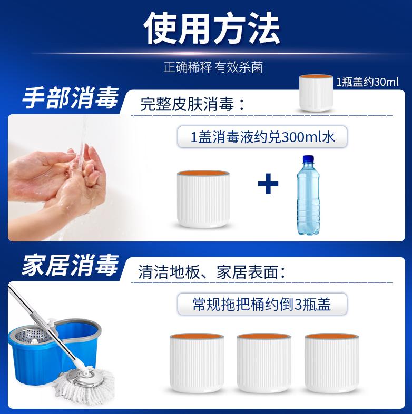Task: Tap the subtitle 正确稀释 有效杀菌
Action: coord(213,68)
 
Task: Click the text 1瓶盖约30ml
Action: coord(368,83)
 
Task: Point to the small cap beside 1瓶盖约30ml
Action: coord(316,92)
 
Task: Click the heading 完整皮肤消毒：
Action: coord(193,104)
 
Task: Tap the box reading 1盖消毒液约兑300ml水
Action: coord(263,137)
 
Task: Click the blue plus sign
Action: coord(268,185)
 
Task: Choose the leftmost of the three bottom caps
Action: coord(196,363)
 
